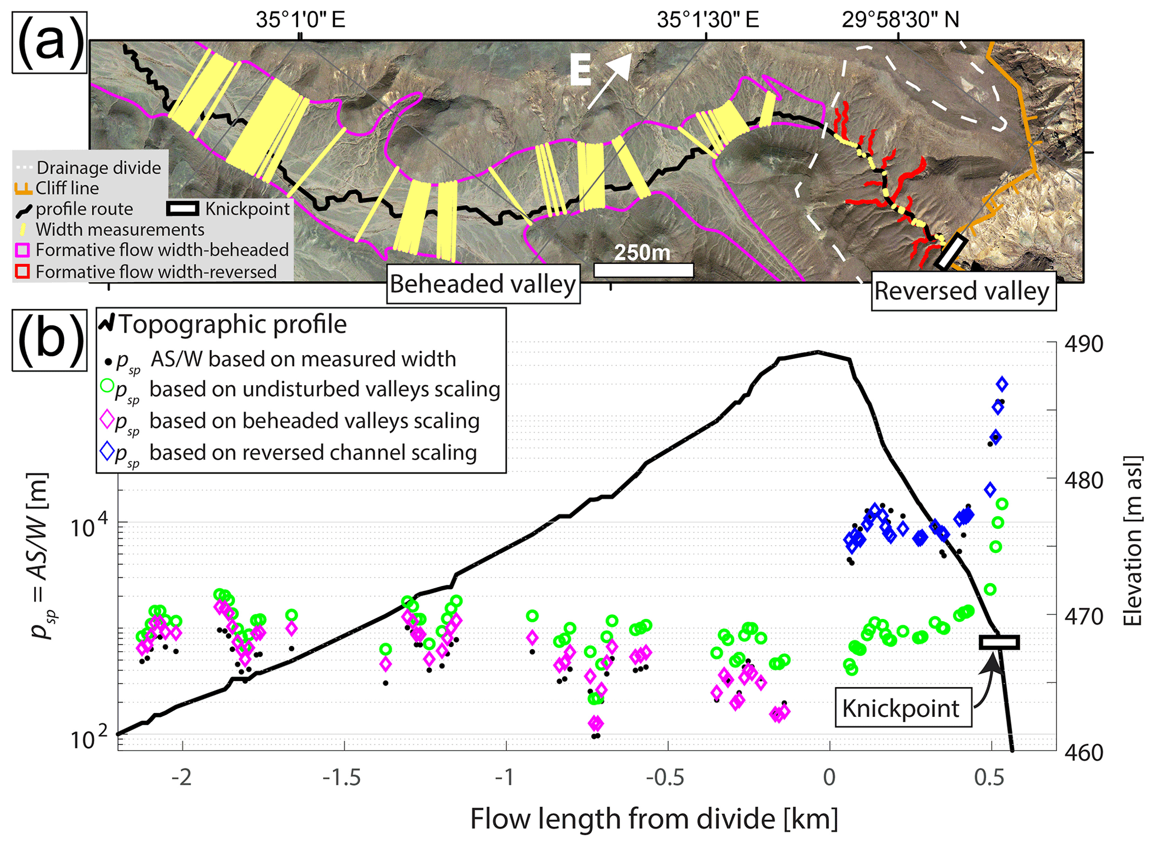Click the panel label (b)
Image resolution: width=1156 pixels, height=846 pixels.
click(49, 339)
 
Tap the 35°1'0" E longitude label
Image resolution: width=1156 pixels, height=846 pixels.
click(300, 20)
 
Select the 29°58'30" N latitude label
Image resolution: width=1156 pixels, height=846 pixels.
click(900, 20)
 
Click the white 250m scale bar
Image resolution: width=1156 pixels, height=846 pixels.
click(643, 270)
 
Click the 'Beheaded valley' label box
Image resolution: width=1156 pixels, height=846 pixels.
click(483, 284)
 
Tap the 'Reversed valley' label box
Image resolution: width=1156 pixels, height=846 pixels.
click(963, 291)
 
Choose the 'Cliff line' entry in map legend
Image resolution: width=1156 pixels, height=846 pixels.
click(67, 188)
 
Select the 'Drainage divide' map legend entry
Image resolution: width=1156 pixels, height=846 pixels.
click(98, 168)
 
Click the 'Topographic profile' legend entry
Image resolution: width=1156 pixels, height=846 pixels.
click(232, 324)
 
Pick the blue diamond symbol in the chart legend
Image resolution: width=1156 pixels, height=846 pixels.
click(107, 451)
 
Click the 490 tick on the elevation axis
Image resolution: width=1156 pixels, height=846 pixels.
click(1083, 344)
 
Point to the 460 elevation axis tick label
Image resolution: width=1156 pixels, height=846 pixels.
click(1083, 752)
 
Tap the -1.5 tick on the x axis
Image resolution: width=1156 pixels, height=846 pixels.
click(344, 777)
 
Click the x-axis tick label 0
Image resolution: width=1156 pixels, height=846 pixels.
click(829, 777)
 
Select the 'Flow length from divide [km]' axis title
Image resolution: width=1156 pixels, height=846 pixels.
click(654, 819)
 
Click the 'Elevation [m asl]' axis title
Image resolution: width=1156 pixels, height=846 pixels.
click(1132, 548)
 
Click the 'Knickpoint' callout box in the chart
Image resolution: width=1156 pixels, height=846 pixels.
click(903, 708)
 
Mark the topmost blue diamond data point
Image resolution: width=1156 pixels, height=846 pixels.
click(1002, 384)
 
